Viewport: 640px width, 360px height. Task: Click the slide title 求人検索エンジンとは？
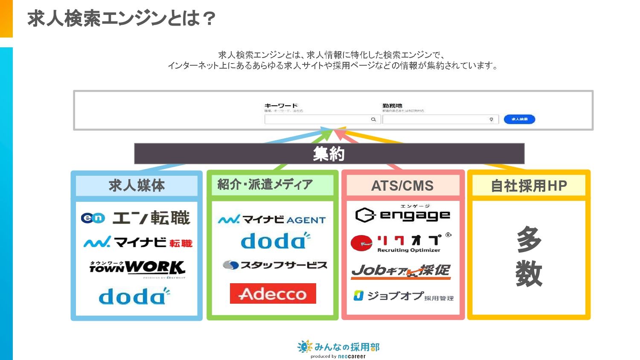(121, 19)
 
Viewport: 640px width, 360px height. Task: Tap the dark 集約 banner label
(329, 154)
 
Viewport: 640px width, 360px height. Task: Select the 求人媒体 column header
(137, 186)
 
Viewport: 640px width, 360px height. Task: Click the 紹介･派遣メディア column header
(265, 184)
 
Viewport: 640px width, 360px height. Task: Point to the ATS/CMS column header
(402, 186)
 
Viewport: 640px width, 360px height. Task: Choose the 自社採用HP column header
(529, 186)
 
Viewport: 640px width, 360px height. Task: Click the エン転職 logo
(136, 218)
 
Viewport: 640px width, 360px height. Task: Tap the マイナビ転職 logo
(138, 242)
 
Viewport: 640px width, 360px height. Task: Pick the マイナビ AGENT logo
(272, 219)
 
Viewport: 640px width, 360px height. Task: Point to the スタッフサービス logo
(275, 265)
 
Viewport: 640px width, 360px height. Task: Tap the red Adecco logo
(273, 293)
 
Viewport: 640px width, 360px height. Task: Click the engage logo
(402, 214)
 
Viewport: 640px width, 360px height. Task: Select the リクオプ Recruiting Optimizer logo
(401, 243)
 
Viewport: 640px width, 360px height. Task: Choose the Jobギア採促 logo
(401, 271)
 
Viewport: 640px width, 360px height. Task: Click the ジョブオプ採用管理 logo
(403, 296)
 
